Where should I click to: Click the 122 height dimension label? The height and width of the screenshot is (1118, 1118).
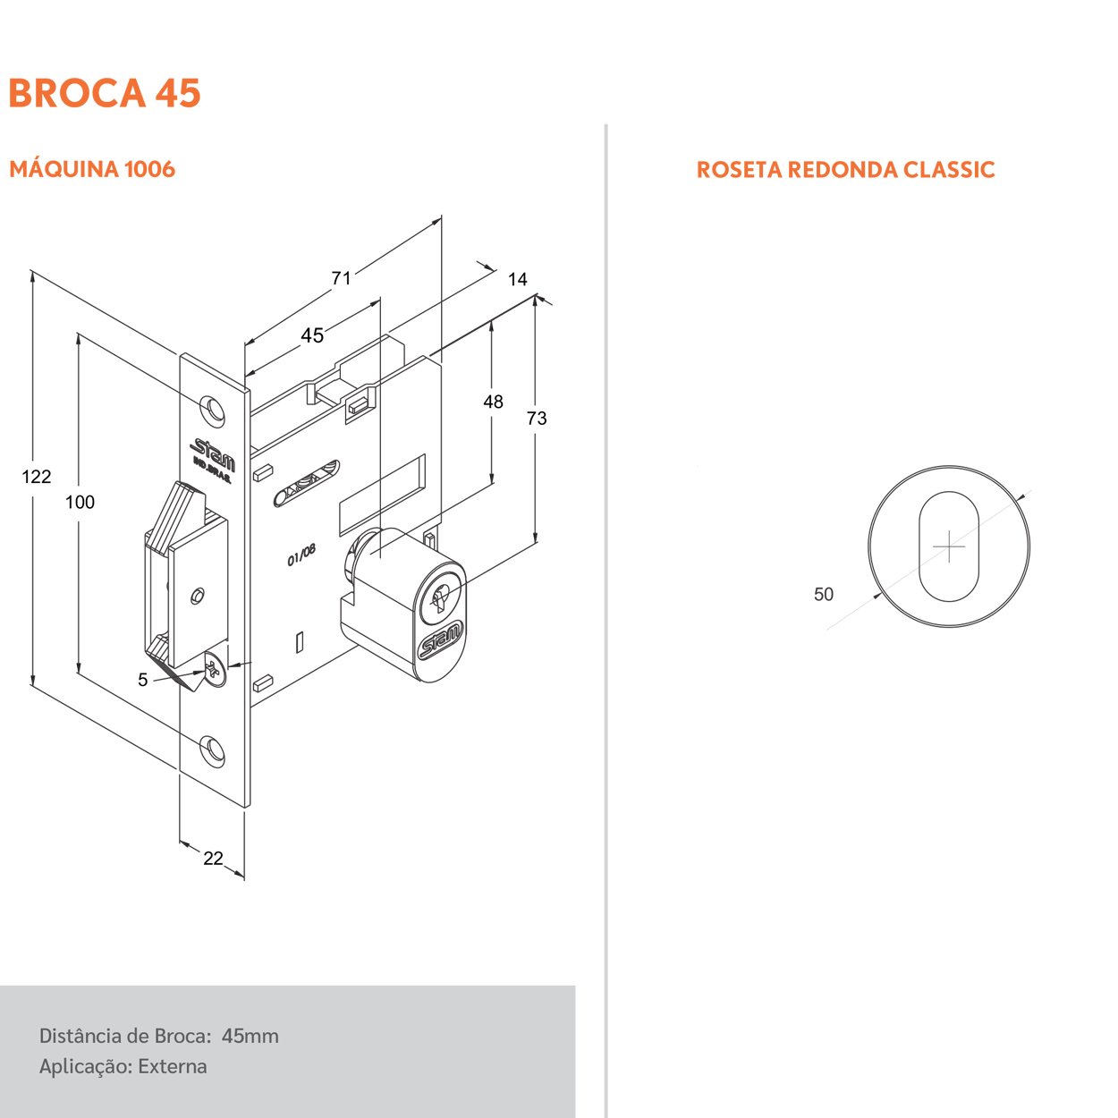click(x=37, y=477)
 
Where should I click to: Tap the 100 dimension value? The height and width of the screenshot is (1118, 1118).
click(x=80, y=503)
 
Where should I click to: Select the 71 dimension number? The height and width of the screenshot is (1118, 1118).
click(x=342, y=278)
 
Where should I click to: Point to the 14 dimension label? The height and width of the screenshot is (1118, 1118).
click(x=518, y=280)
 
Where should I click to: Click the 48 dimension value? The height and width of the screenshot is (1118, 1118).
click(x=493, y=402)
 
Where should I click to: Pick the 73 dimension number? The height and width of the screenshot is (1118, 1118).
click(x=537, y=419)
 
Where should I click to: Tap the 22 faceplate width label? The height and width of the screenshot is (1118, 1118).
click(x=213, y=858)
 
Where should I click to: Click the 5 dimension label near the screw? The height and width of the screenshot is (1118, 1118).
click(x=143, y=680)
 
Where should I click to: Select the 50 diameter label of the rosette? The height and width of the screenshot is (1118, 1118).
click(x=823, y=594)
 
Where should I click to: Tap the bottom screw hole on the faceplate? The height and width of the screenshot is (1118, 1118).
click(x=212, y=749)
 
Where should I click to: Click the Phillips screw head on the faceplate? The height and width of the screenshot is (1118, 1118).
click(x=215, y=672)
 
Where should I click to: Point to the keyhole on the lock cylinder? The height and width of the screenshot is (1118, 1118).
click(x=440, y=598)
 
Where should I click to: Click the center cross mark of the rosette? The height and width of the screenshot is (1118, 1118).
click(x=949, y=546)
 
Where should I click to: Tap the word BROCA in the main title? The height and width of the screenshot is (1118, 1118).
click(x=77, y=93)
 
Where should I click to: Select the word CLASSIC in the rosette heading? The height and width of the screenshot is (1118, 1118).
click(x=950, y=170)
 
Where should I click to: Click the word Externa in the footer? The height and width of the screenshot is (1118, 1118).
click(x=173, y=1066)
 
